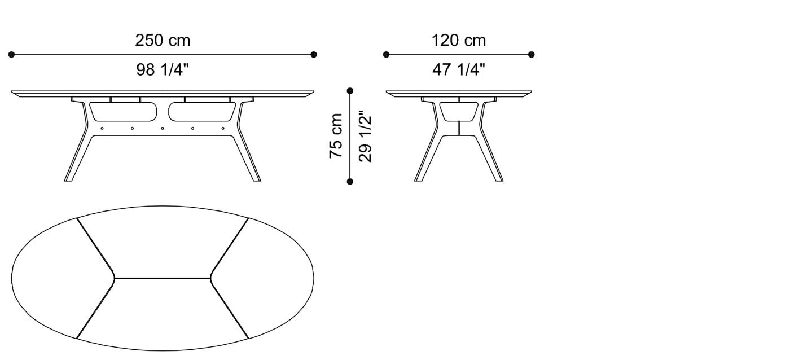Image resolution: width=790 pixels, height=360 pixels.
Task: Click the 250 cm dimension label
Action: [163, 41]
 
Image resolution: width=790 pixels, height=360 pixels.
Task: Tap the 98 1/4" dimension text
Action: [163, 70]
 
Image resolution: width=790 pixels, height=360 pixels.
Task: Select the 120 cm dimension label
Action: [458, 41]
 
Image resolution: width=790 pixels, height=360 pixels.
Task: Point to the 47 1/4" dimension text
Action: [458, 70]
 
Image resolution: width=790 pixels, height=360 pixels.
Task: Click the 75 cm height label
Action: [336, 136]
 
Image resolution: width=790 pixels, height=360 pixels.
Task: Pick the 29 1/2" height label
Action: [366, 136]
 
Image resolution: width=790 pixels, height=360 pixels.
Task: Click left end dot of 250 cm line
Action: [11, 55]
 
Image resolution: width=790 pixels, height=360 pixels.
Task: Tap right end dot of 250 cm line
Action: [314, 55]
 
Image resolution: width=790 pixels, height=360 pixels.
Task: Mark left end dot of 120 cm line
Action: [386, 55]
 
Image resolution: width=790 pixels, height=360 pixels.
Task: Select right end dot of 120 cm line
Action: [531, 55]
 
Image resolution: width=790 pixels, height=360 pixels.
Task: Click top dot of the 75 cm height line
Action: [350, 90]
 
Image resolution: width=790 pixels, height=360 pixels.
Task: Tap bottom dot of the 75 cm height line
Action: [350, 181]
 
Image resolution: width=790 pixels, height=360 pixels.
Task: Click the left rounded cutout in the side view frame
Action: [122, 111]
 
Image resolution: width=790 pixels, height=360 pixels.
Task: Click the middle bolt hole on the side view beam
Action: [163, 128]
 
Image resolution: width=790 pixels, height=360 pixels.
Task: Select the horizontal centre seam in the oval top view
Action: [163, 278]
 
